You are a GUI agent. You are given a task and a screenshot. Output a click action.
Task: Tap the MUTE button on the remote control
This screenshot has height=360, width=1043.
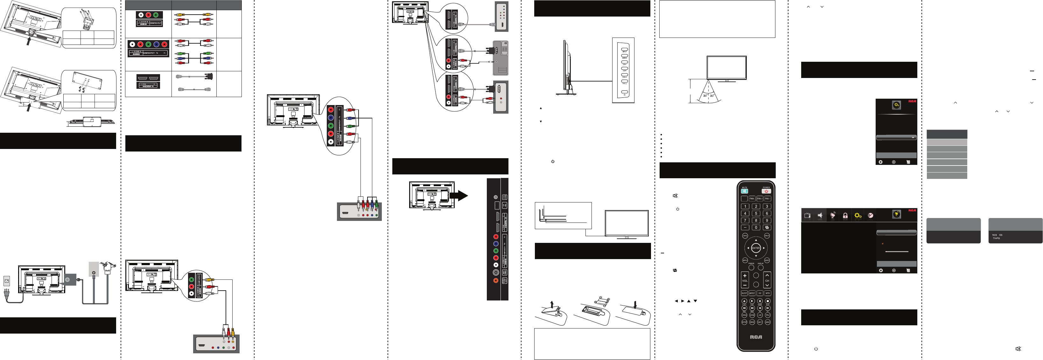point(744,191)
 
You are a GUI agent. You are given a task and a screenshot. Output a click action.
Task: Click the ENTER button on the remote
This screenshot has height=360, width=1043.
point(756,248)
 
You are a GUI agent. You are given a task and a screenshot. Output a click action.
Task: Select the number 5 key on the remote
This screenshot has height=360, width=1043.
point(756,213)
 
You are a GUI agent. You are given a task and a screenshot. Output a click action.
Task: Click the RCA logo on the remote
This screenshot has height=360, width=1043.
point(756,337)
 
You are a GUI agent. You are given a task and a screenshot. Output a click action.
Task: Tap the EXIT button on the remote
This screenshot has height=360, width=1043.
point(767,260)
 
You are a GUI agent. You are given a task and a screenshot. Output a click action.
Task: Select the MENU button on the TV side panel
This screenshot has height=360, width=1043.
point(624,56)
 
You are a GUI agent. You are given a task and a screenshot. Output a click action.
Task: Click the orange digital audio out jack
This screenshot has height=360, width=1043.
point(496,280)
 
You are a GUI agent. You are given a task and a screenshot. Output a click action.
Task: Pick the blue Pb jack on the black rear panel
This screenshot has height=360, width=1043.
point(496,244)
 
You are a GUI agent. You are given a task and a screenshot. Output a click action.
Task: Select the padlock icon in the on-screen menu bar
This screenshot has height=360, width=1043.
point(845,215)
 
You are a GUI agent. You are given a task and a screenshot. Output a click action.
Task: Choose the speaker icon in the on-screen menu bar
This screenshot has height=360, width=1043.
point(820,215)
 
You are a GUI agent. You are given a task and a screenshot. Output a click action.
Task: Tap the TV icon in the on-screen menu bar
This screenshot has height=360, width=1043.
point(807,215)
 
